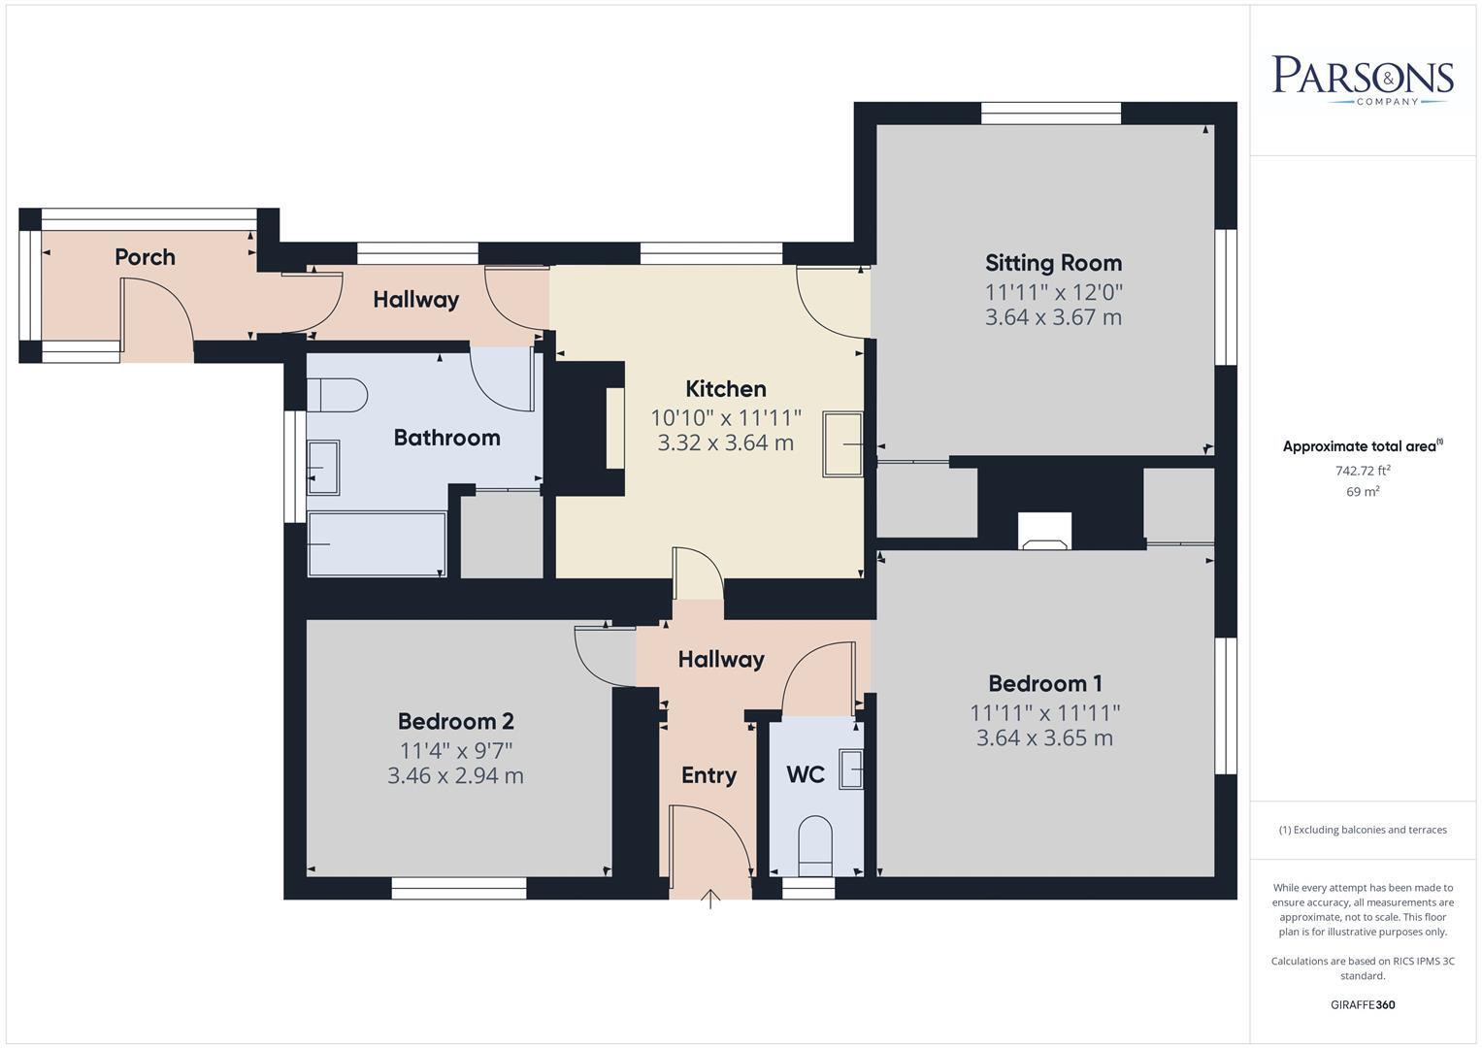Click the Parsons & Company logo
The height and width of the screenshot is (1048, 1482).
click(x=1363, y=80)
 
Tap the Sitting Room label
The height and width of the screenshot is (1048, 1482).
click(x=1053, y=263)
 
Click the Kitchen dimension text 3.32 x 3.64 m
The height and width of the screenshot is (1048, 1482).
click(x=725, y=443)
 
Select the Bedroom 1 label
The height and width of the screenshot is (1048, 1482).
click(x=1044, y=683)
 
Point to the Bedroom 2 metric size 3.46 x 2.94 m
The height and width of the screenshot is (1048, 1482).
click(x=455, y=775)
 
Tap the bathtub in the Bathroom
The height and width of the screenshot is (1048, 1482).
click(x=377, y=544)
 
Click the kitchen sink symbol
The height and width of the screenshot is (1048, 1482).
click(x=842, y=444)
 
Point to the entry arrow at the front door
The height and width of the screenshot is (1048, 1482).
click(x=710, y=899)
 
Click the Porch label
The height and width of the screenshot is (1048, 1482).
click(x=145, y=257)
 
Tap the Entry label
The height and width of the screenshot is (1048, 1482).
click(x=708, y=775)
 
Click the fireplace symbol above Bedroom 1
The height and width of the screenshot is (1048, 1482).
click(x=1044, y=531)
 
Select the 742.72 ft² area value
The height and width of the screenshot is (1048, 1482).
click(x=1363, y=471)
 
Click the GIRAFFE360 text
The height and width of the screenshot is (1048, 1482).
click(x=1363, y=1004)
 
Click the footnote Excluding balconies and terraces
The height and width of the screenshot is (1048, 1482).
click(x=1363, y=830)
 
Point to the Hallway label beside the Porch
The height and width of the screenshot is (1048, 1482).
click(x=415, y=300)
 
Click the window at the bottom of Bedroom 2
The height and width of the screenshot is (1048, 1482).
click(x=459, y=888)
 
